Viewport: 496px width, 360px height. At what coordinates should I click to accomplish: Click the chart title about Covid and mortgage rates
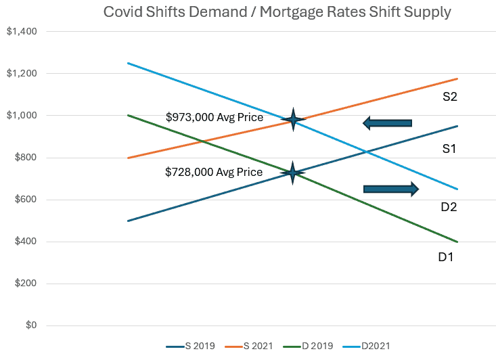coord(277,12)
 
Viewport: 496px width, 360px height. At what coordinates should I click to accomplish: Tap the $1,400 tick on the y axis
coord(23,32)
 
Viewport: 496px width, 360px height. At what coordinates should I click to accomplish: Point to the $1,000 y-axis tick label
coord(23,116)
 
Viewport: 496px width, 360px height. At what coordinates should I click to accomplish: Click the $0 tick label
coord(30,325)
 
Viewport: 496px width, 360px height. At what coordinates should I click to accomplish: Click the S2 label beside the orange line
coord(450,97)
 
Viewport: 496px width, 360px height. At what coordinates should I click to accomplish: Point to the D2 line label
coord(449,206)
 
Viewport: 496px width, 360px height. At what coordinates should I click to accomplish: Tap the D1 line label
coord(446,257)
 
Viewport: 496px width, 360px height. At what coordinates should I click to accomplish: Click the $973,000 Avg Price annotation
coord(215,117)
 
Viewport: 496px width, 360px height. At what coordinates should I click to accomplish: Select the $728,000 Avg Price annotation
coord(214,172)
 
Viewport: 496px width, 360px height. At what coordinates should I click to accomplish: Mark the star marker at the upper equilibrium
coord(293,120)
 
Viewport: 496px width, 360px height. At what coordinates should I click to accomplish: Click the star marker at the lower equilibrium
coord(292,173)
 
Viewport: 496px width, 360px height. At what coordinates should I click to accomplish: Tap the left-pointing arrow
coord(387,122)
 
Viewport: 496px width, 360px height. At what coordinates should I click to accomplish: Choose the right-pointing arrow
coord(391,189)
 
